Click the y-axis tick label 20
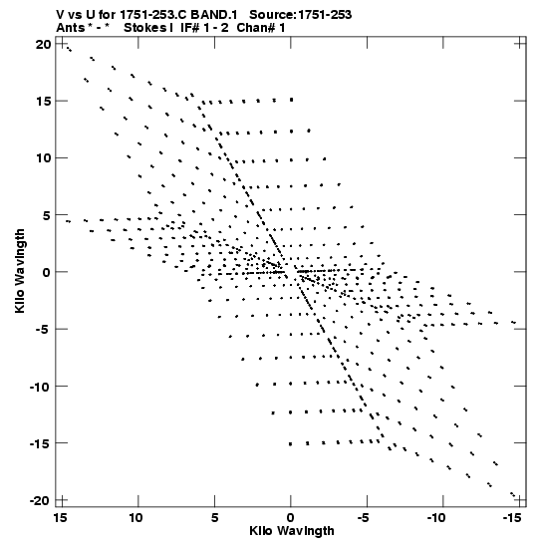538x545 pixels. pos(43,44)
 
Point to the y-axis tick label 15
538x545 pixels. pos(44,102)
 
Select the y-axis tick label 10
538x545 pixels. pos(43,158)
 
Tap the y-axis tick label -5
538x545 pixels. pos(43,329)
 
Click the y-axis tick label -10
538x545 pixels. pos(40,387)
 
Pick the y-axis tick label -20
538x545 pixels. pos(40,500)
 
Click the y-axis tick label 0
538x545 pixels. pos(47,272)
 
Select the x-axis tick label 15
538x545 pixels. pos(61,518)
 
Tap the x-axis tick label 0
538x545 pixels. pos(291,518)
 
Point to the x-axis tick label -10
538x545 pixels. pos(436,518)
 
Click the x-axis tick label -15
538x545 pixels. pos(512,518)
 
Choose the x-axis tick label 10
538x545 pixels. pos(135,518)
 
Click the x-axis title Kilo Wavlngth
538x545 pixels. pos(292,531)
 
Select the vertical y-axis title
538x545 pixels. pos(20,271)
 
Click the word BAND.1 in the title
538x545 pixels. pos(214,15)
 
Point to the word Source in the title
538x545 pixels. pos(273,15)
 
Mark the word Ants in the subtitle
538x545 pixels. pos(71,28)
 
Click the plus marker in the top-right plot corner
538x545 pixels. pos(520,44)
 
